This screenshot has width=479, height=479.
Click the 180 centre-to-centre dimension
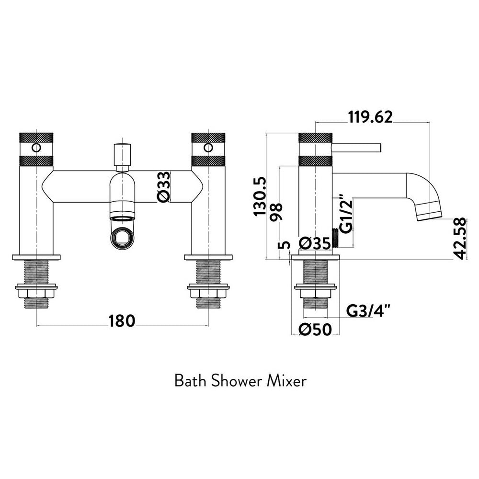click(122, 320)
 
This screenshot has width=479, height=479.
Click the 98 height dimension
click(276, 212)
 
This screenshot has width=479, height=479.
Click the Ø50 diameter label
click(315, 330)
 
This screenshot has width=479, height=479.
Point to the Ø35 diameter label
click(315, 243)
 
